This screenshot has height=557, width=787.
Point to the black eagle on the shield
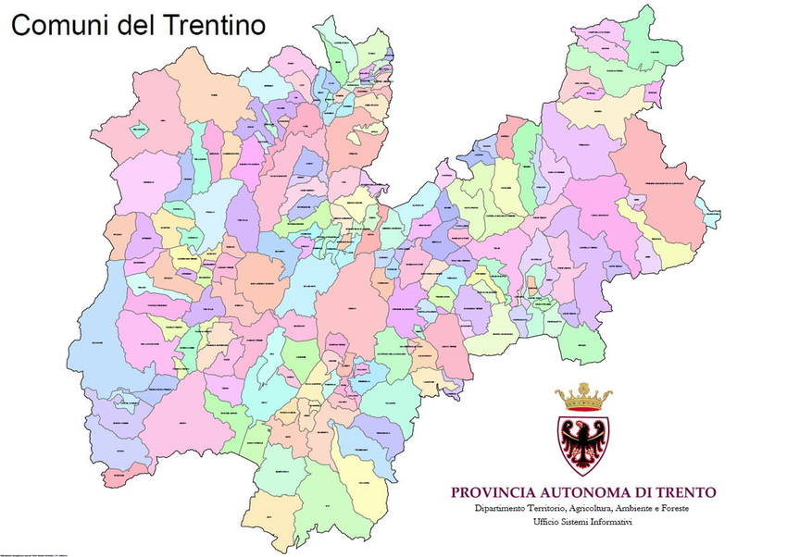coord(584,441)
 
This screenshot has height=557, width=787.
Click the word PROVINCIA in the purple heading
coord(492,492)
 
